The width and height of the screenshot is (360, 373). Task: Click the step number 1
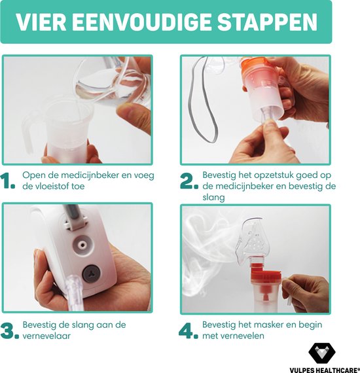(9, 182)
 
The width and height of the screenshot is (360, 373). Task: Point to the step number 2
(189, 182)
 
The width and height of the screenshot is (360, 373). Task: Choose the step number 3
(10, 331)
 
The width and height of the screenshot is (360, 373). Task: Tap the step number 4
(189, 331)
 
